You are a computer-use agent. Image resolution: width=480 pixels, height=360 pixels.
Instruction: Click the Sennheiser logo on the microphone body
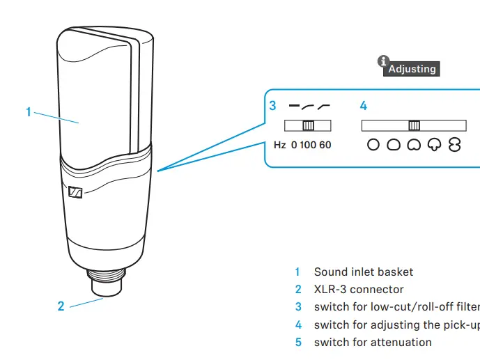[x=76, y=193]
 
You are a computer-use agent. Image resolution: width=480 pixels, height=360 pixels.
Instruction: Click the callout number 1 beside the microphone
[x=29, y=111]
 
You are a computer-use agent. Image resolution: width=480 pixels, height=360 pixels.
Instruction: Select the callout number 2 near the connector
[x=61, y=306]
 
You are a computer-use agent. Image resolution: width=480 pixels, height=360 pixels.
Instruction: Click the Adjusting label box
[x=412, y=69]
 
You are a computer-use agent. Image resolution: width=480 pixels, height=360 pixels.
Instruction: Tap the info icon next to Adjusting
[x=382, y=62]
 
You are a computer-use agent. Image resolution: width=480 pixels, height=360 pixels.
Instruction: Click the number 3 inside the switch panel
[x=273, y=106]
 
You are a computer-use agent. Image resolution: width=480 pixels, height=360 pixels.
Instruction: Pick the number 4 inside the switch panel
[x=363, y=106]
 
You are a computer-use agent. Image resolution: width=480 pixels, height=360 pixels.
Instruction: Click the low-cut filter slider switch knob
[x=308, y=125]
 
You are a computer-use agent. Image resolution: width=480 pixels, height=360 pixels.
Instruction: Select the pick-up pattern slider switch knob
[x=414, y=125]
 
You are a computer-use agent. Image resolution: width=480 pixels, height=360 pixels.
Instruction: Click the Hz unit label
[x=279, y=145]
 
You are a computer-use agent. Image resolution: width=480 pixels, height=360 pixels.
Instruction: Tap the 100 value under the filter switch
[x=309, y=145]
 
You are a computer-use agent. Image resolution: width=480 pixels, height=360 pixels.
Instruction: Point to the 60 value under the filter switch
[x=325, y=145]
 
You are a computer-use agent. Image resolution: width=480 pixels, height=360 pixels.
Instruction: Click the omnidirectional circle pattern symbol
[x=373, y=145]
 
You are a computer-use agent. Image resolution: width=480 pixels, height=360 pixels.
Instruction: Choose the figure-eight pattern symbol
[x=455, y=145]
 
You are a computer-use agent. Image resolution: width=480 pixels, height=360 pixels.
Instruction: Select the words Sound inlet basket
[x=363, y=272]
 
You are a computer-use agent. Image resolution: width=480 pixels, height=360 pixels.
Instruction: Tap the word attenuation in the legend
[x=400, y=342]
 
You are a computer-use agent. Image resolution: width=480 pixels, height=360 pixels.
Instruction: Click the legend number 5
[x=298, y=342]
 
